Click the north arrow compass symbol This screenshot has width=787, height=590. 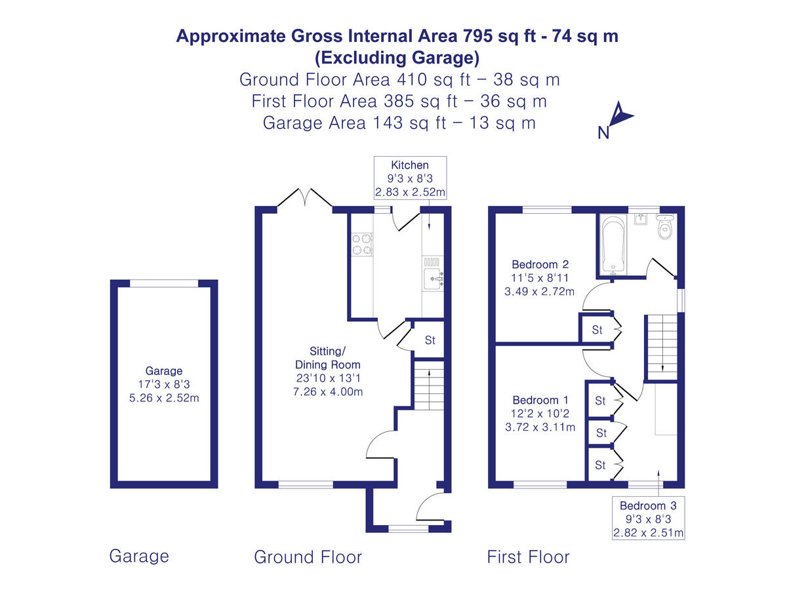tap(618, 119)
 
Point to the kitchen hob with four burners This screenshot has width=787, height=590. tap(361, 244)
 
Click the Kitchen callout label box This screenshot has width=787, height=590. tap(410, 178)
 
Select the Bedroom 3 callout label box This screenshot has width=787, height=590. tap(648, 519)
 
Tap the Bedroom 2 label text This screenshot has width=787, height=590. tap(540, 265)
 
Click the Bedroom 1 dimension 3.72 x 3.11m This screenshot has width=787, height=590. tap(540, 427)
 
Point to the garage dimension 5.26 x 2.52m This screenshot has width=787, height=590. tap(164, 397)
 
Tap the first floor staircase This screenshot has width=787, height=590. tap(662, 347)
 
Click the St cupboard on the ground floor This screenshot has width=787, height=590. tap(430, 340)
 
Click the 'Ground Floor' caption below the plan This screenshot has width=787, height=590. tap(308, 557)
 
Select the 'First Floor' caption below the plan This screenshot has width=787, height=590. tap(528, 557)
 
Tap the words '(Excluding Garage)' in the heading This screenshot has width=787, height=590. tap(397, 58)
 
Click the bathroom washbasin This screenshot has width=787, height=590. tap(640, 220)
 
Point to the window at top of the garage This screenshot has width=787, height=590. tap(164, 283)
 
